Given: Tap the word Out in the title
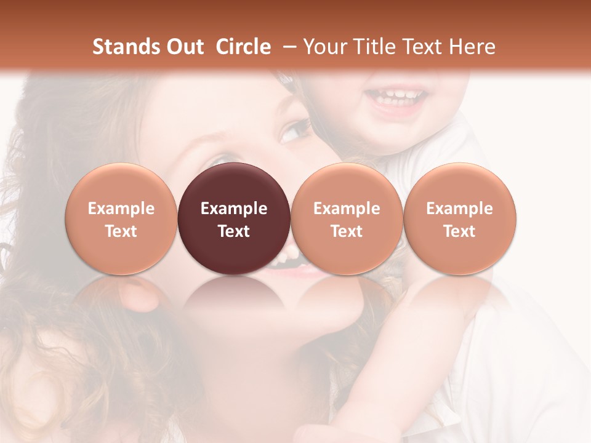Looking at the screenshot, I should tap(184, 47).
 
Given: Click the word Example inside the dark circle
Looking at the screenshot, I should tap(234, 209).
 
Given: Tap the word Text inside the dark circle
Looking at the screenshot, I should tap(234, 231).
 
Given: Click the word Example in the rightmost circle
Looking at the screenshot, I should tap(460, 209).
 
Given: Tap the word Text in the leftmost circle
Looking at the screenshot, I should tap(121, 231).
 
